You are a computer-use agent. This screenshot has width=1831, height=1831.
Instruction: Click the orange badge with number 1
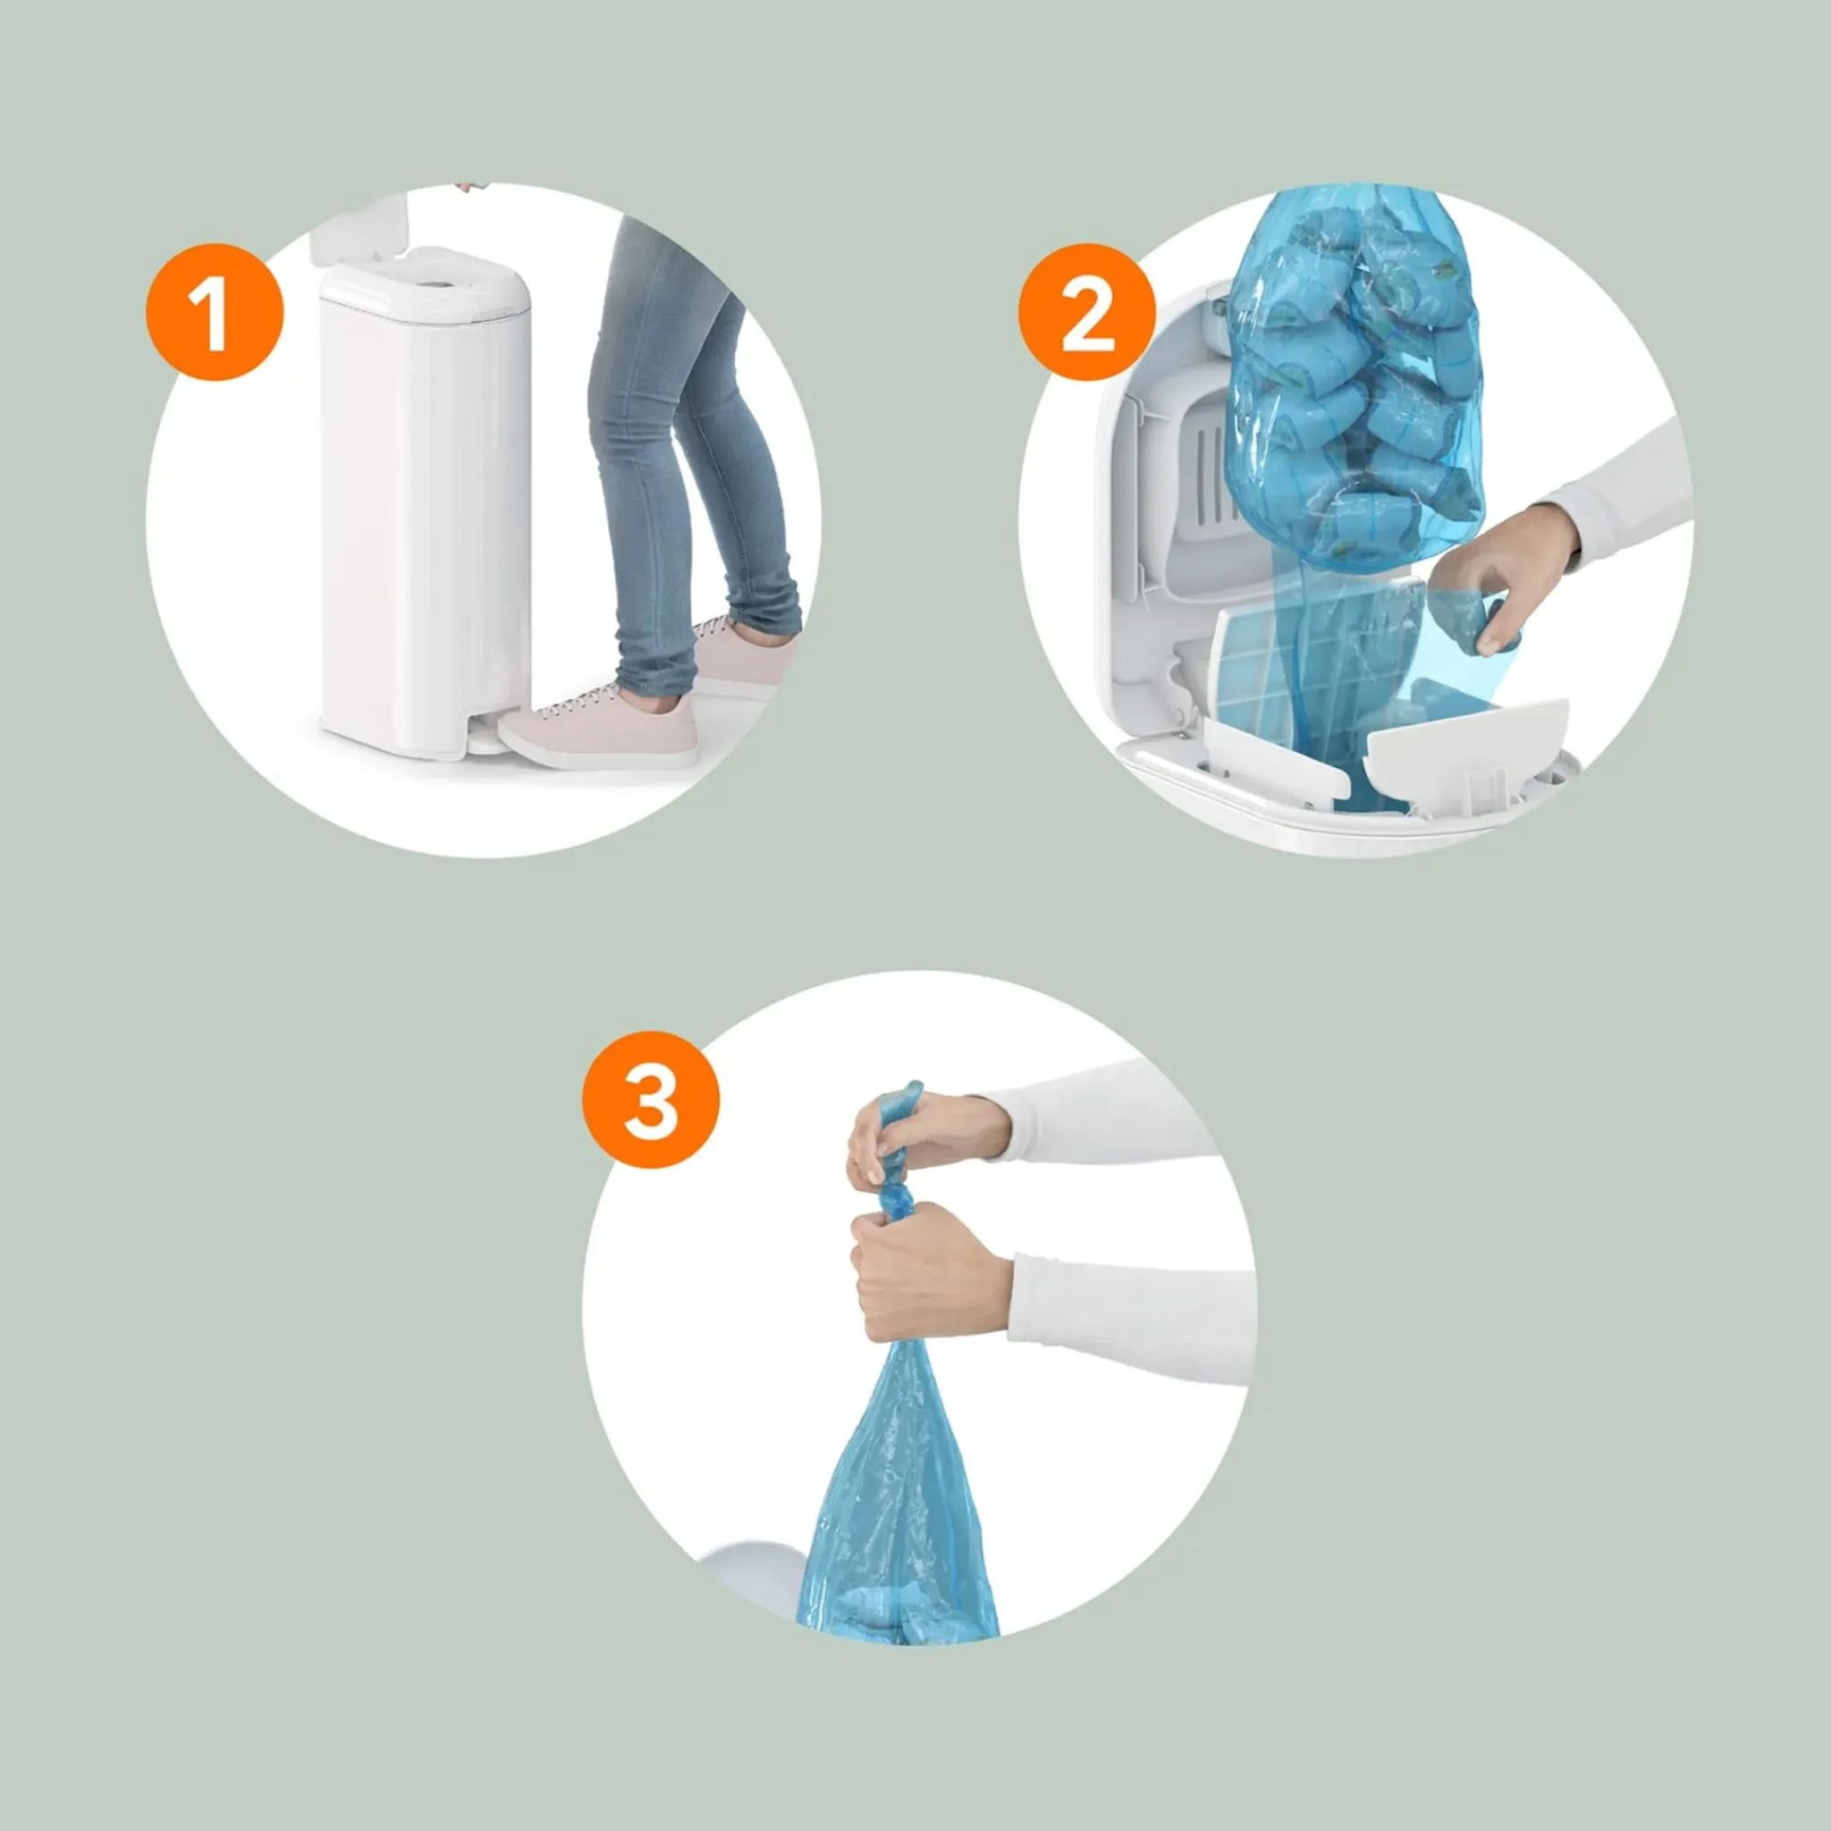point(215,312)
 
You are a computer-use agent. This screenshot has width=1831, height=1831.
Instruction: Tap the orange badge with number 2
point(1087,312)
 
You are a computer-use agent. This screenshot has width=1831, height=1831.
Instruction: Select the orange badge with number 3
point(651,1100)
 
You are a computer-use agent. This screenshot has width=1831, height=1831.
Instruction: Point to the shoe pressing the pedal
point(599,732)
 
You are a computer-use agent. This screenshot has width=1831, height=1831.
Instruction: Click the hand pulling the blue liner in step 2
point(1498,578)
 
